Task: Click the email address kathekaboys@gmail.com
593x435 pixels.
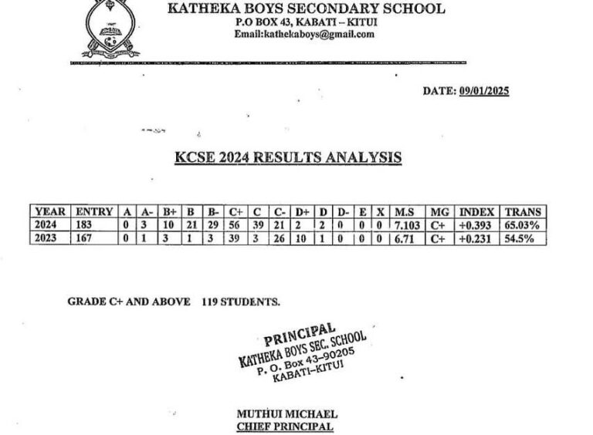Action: pos(306,34)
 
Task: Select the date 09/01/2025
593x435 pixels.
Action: pos(483,91)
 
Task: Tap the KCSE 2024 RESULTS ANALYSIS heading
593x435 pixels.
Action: pos(287,158)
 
